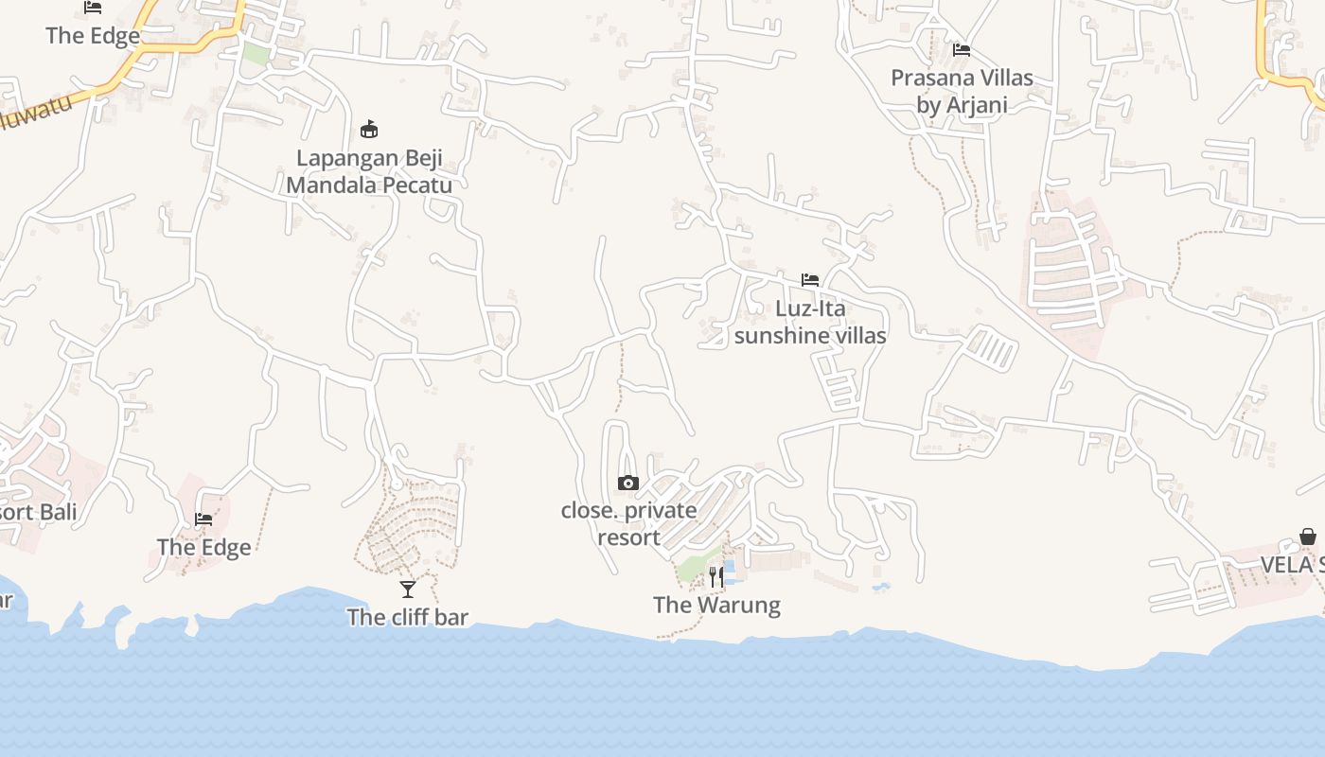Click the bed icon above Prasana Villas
coord(962,50)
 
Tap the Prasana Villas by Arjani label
coord(962,91)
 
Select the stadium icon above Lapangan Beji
coord(369,130)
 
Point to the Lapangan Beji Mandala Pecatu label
coord(369,171)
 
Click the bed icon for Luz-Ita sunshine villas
coord(810,280)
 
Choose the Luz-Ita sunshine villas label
coord(810,322)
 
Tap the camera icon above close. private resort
coord(627,484)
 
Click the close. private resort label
coord(629,523)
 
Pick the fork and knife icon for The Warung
coord(716,576)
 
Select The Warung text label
coord(716,605)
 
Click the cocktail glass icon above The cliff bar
coord(408,590)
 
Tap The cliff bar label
coord(408,617)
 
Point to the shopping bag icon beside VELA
coord(1308,537)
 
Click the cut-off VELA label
coord(1292,565)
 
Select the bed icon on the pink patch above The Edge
coord(203,519)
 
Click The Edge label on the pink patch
coord(203,547)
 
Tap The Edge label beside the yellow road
coord(93,36)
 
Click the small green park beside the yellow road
coord(256,53)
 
